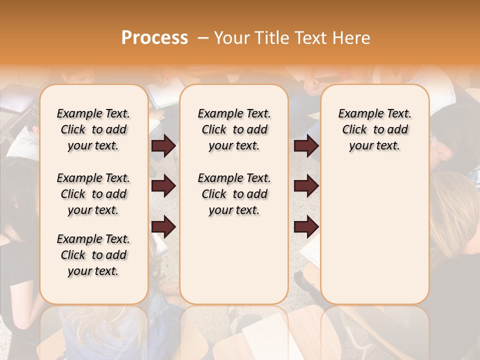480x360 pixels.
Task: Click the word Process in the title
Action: [154, 38]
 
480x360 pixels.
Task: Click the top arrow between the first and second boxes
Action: [163, 146]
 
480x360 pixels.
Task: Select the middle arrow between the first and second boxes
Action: [163, 186]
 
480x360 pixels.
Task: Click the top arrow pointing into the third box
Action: [306, 146]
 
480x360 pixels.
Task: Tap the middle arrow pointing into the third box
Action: [306, 186]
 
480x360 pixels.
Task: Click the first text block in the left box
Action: [93, 129]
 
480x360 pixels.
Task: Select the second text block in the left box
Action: [93, 194]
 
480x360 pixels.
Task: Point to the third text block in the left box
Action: [93, 255]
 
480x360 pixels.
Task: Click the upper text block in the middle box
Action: [234, 129]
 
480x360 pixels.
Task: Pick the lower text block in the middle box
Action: [234, 194]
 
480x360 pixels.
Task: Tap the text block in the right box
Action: [374, 129]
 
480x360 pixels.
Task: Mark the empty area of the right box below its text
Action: [374, 230]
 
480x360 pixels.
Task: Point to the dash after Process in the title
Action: [203, 38]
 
